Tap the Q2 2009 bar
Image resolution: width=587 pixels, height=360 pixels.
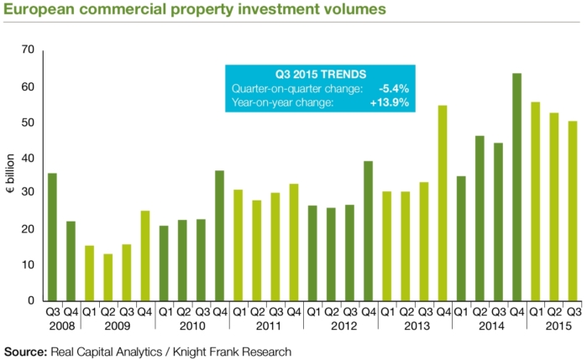point(108,277)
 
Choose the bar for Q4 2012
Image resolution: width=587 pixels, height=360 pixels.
point(369,231)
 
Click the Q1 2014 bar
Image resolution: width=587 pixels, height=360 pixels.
point(461,238)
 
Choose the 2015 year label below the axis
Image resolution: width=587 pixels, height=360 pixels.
point(554,326)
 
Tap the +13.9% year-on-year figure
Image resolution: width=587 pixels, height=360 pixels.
point(390,102)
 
